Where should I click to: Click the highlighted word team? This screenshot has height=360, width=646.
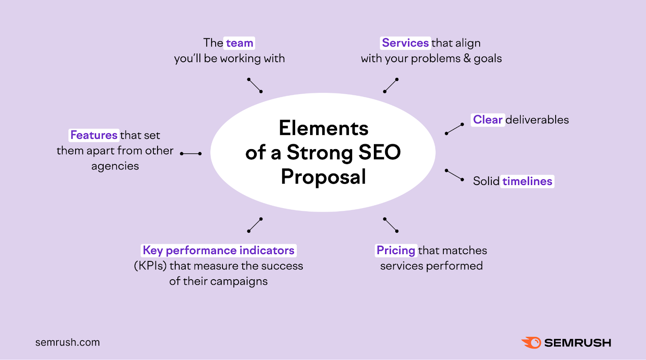tap(239, 43)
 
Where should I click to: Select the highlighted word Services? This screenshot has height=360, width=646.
tap(405, 43)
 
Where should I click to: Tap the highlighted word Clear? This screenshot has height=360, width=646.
tap(487, 120)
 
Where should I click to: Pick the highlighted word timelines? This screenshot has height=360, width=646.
tap(527, 181)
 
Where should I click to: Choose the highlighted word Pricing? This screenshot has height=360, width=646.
tap(396, 251)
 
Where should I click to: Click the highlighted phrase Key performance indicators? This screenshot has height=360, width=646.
tap(218, 251)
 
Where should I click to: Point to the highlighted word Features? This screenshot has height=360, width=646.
tap(94, 135)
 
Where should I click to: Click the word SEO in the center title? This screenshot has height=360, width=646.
tap(379, 152)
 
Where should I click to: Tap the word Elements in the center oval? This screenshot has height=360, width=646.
tap(323, 128)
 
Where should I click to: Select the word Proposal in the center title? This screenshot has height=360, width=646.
tap(323, 177)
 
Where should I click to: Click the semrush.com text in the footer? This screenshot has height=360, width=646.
tap(67, 342)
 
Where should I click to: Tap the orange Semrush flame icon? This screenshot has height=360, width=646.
tap(531, 343)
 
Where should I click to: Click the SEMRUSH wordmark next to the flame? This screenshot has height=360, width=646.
tap(577, 343)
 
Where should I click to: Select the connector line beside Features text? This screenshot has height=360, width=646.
tap(191, 154)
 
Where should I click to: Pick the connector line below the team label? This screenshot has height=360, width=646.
tap(255, 85)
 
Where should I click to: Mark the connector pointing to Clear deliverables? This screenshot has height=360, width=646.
tap(454, 129)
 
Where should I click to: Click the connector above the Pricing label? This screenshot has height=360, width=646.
tap(391, 225)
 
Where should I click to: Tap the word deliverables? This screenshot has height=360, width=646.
tap(537, 120)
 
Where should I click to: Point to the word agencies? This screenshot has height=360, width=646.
tap(115, 166)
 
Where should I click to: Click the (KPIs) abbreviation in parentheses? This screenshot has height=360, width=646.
tap(150, 266)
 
